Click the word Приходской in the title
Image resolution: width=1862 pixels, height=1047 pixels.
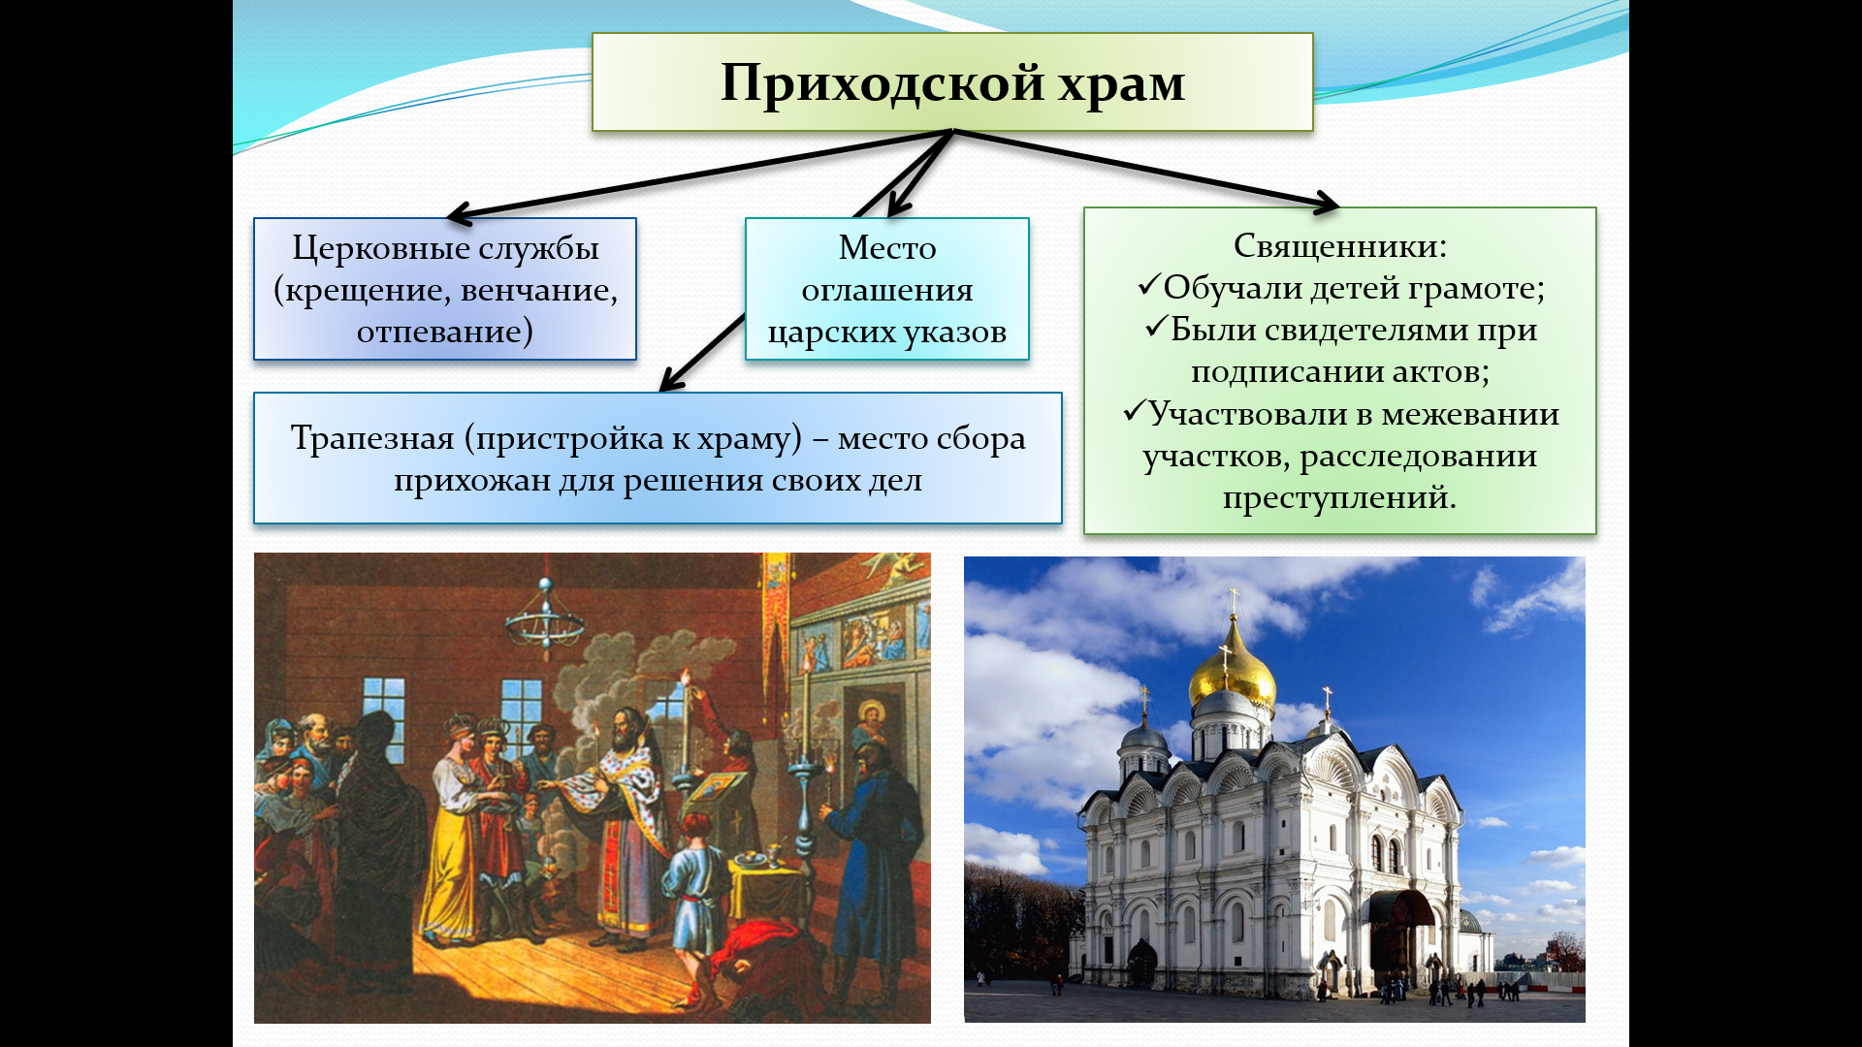(882, 84)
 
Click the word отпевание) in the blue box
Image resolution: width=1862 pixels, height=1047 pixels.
(445, 333)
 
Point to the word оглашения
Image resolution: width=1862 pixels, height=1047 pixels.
(887, 290)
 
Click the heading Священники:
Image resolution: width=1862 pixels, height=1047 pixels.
(1340, 246)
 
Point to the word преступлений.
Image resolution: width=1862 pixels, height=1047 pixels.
(1339, 498)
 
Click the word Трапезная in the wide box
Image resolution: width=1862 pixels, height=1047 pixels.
(372, 439)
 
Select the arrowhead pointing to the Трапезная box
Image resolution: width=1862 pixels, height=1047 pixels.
(669, 380)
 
